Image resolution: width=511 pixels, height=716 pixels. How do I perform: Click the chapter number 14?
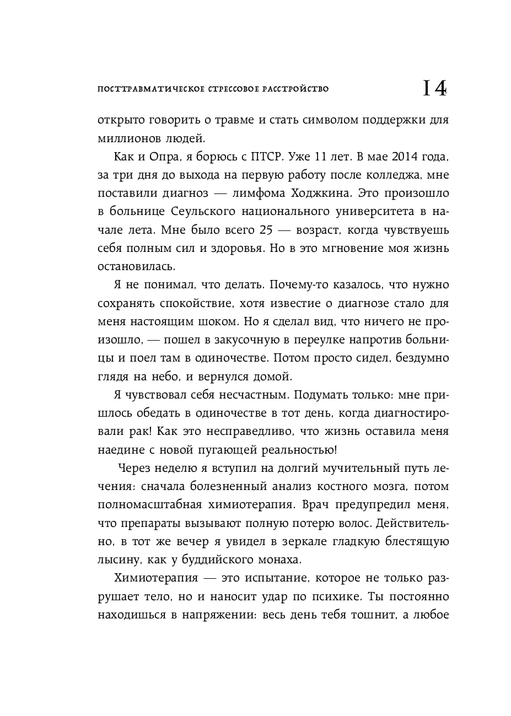(434, 89)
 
